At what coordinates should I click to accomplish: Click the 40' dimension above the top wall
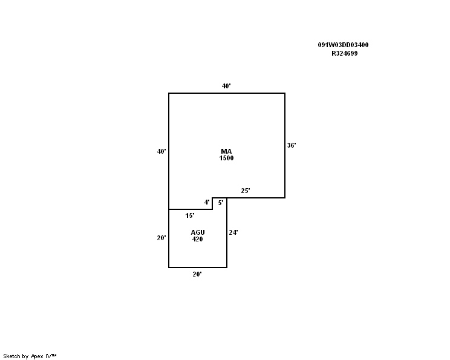pos(226,86)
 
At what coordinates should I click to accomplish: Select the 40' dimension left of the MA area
pos(161,151)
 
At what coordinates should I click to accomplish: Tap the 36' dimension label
pos(292,145)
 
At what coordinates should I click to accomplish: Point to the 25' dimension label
pos(246,191)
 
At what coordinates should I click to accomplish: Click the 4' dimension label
pos(207,203)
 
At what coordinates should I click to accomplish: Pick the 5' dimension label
pos(221,203)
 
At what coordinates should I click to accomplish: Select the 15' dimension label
pos(190,215)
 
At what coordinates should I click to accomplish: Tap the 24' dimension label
pos(233,232)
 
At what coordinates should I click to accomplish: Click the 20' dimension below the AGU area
pos(197,274)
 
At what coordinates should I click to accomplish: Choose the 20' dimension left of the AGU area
pos(161,238)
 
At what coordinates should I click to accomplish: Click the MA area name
pos(226,151)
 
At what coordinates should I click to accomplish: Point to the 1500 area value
pos(226,158)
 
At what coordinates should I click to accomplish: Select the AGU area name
pos(198,232)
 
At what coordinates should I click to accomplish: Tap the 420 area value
pos(197,239)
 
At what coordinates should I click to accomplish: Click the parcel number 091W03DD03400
pos(343,45)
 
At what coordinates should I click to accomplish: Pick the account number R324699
pos(345,53)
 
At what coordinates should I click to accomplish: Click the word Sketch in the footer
pos(11,356)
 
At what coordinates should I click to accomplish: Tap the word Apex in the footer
pos(37,356)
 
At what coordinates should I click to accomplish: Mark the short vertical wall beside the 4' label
pos(212,203)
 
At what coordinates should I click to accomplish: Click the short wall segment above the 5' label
pos(220,198)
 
